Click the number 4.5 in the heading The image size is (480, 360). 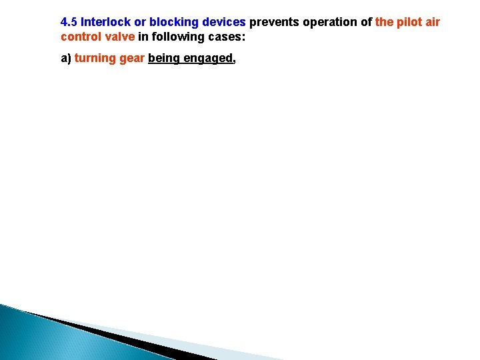point(69,22)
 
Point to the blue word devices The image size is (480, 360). point(222,22)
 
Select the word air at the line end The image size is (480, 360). point(433,22)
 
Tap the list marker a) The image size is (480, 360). point(66,59)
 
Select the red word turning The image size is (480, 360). point(95,59)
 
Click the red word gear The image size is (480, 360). point(132,59)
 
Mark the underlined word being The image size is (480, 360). point(163,59)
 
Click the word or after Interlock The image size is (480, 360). point(140,22)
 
